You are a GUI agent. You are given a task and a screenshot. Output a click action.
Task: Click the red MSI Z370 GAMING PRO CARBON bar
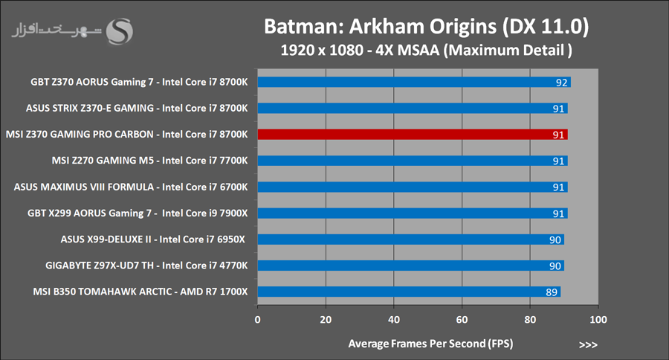413,135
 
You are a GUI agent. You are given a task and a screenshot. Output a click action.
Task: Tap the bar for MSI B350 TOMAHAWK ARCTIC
409,292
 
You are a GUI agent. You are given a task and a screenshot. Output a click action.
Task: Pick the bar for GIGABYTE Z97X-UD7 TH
410,266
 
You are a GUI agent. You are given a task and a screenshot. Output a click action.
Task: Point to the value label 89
552,292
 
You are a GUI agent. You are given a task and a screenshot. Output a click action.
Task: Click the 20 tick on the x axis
326,320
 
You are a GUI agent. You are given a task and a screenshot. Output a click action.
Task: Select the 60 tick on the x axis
462,320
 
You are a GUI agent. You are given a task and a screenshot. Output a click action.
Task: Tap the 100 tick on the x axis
598,320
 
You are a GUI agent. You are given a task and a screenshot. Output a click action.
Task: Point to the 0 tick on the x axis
257,320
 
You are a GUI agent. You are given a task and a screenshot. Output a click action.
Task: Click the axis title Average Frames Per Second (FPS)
430,344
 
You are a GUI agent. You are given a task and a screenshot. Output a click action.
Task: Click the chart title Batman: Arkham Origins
427,28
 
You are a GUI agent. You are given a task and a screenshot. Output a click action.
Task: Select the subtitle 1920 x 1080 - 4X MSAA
427,51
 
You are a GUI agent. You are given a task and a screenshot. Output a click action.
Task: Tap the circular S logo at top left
120,31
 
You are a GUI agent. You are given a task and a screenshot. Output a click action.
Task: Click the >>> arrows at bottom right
587,344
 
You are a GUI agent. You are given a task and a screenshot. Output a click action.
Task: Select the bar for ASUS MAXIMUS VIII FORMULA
413,187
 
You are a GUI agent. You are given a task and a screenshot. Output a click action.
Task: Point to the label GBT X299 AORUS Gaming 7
139,213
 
